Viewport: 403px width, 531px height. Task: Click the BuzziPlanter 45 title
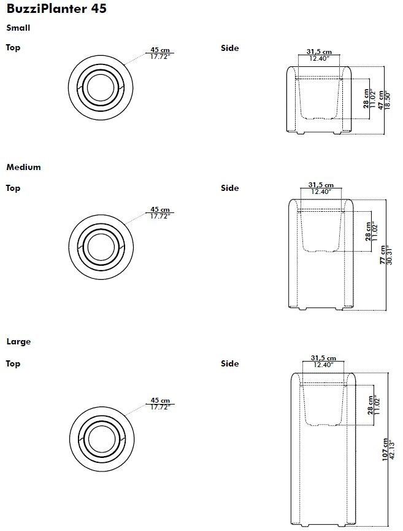56,9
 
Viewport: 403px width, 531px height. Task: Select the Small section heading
18,28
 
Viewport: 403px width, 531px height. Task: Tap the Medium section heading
23,167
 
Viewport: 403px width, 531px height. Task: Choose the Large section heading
18,341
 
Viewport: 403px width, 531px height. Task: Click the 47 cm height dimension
381,100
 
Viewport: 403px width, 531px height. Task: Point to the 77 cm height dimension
383,255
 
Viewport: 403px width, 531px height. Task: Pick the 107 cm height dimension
385,449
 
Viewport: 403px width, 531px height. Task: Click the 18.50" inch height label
388,100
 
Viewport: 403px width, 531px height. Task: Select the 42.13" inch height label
392,449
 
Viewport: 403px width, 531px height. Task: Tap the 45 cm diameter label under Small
160,50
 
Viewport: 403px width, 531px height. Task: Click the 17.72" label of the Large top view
160,407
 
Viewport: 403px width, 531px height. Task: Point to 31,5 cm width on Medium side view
321,185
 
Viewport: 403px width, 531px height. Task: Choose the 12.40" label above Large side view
323,365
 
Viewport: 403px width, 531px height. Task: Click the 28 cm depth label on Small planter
366,99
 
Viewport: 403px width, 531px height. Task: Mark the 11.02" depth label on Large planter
378,405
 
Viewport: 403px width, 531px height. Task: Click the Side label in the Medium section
230,188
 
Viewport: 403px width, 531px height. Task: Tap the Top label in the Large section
13,363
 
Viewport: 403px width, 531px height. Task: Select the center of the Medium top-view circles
101,247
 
